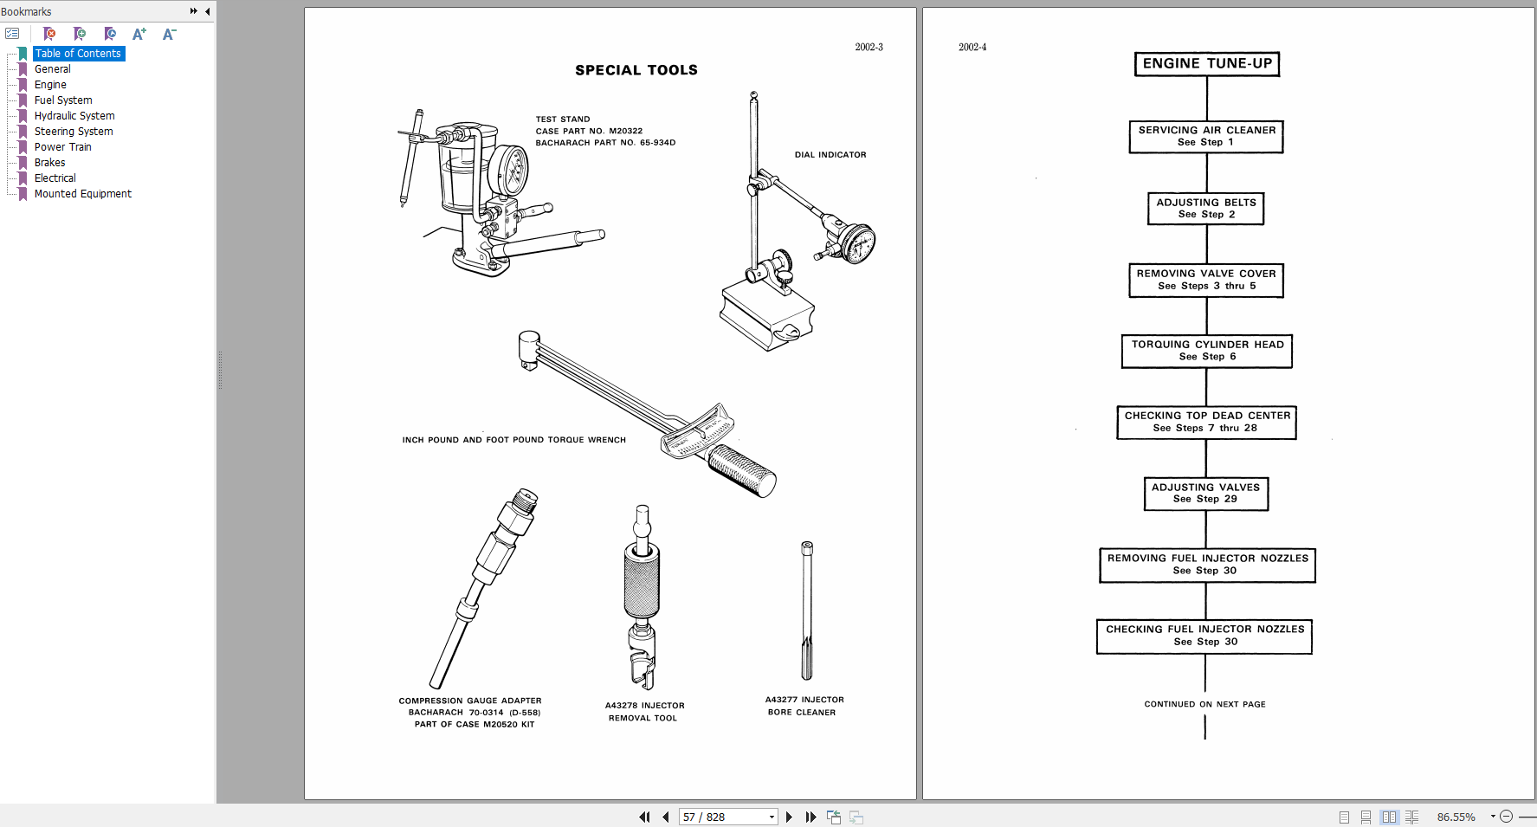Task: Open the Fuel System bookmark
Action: tap(63, 100)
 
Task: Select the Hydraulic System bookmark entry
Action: tap(74, 116)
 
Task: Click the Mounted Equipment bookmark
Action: tap(82, 194)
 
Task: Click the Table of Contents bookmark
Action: tap(78, 54)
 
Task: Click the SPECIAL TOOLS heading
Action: tap(636, 70)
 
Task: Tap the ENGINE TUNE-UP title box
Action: tap(1206, 64)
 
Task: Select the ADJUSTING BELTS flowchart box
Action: tap(1205, 209)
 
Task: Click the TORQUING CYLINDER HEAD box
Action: tap(1206, 351)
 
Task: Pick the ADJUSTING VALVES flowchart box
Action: tap(1205, 494)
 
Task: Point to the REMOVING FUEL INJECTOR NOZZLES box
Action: tap(1207, 565)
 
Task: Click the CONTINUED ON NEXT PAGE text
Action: tap(1204, 704)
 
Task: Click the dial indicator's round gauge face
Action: tap(858, 245)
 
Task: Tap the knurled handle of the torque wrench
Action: tap(741, 471)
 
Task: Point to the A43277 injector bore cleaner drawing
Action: tap(807, 611)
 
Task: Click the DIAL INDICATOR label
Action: tap(830, 155)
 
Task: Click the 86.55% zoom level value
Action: tap(1456, 817)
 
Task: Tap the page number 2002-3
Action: tap(869, 48)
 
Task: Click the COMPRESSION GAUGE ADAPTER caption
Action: tap(469, 701)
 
